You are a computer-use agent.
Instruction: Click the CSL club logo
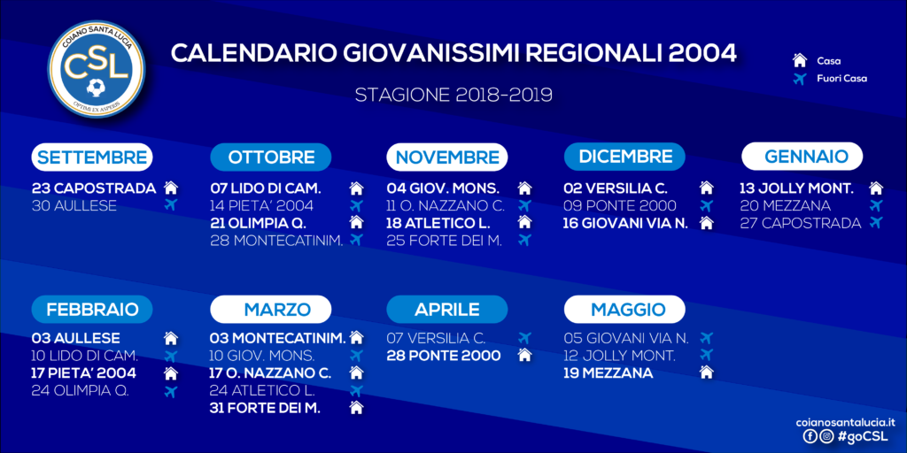coord(97,67)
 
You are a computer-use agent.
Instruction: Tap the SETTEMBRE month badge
coord(92,157)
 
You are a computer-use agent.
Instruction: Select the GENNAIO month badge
coord(802,157)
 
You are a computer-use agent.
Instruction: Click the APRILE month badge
coord(446,309)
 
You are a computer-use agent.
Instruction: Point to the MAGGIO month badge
coord(624,309)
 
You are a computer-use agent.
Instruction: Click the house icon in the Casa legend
coord(800,61)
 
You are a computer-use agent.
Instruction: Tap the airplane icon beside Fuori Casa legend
coord(800,79)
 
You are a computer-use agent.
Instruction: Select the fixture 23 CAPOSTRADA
coord(94,188)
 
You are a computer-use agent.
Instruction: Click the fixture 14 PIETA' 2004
coord(262,205)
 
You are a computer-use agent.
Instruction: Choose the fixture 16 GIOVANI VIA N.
coord(626,223)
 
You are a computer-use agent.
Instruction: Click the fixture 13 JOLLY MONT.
coord(797,188)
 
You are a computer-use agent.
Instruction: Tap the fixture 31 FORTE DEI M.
coord(265,408)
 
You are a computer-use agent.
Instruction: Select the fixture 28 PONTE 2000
coord(444,356)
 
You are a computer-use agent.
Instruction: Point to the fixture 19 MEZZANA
coord(609,373)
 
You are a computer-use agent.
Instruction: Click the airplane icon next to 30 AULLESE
coord(170,204)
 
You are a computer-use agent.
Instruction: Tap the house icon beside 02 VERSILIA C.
coord(706,188)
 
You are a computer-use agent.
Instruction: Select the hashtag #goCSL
coord(863,437)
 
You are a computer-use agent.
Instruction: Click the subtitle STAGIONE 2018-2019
coord(453,95)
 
